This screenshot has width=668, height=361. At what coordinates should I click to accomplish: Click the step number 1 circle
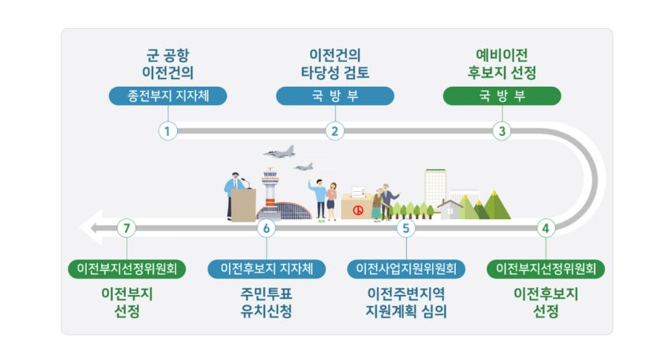tap(168, 131)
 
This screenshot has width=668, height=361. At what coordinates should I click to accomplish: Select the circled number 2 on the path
tap(335, 131)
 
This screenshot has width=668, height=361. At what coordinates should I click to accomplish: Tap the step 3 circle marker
tap(502, 131)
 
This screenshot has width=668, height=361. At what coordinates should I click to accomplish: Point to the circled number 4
tap(546, 228)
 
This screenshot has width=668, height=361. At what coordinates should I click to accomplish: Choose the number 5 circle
tap(406, 228)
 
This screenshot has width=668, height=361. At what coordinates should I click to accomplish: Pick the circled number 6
tap(266, 228)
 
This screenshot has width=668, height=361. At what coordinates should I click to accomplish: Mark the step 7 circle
tap(127, 228)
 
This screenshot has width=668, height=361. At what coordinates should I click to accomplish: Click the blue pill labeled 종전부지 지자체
tap(168, 95)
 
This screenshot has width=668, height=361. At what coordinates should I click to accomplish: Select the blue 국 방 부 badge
tap(335, 95)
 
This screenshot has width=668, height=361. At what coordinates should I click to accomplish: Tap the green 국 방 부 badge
tap(502, 95)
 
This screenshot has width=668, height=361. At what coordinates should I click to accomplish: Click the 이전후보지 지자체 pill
tap(266, 269)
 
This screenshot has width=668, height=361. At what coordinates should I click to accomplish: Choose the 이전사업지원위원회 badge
tap(406, 269)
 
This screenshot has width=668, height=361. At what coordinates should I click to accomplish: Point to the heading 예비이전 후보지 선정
tap(502, 64)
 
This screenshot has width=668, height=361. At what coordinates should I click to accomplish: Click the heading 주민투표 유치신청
tap(266, 303)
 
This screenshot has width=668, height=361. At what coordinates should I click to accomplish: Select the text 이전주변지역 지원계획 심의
tap(406, 303)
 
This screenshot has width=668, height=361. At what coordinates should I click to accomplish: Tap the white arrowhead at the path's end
tap(90, 227)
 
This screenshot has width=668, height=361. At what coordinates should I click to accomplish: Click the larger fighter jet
tap(280, 151)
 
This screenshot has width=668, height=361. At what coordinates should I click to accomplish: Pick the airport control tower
tap(270, 192)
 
